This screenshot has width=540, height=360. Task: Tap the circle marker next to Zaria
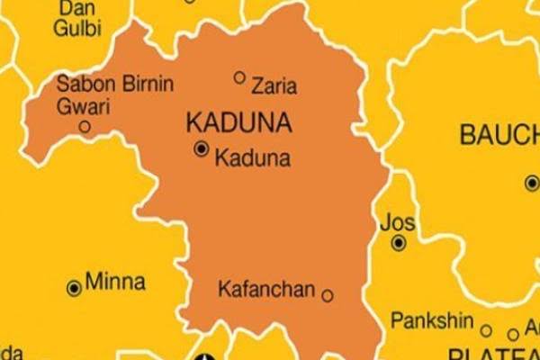click(239, 77)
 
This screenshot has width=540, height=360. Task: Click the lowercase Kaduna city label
click(253, 158)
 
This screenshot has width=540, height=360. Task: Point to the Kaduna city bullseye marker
click(202, 149)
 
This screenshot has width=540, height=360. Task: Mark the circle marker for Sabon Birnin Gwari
click(85, 127)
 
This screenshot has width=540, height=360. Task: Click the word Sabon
click(79, 85)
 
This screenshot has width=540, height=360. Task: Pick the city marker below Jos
click(398, 242)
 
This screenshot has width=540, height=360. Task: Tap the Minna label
click(115, 282)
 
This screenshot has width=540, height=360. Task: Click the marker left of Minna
click(74, 288)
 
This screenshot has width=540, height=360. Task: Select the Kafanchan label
click(267, 290)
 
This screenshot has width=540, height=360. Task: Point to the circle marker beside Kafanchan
click(328, 294)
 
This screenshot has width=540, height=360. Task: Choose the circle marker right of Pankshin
click(486, 330)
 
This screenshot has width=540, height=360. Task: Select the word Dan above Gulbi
click(76, 7)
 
